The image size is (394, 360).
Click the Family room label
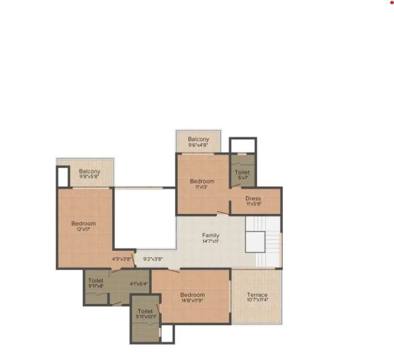[x=211, y=235]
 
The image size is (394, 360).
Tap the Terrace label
[x=257, y=295]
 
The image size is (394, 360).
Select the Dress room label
[x=253, y=198]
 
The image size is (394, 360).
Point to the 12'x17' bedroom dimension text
[x=83, y=230]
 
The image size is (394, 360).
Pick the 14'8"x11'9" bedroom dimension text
[x=192, y=302]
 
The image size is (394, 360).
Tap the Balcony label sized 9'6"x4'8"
[x=199, y=139]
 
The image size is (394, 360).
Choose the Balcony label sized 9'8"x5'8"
[x=90, y=171]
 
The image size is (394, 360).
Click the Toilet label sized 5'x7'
[x=242, y=172]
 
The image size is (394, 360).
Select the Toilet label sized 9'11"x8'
[x=95, y=280]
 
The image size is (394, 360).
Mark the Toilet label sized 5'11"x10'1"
[x=145, y=311]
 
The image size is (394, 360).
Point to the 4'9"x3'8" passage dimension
[x=121, y=259]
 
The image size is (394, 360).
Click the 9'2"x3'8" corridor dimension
[x=153, y=259]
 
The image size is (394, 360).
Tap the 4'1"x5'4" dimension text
[x=139, y=284]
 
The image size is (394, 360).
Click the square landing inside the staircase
[x=255, y=241]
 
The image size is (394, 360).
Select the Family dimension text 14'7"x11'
[x=211, y=241]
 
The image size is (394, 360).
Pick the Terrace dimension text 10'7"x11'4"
[x=257, y=302]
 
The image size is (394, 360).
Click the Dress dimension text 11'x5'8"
[x=253, y=204]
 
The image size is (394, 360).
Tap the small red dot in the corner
[x=391, y=2]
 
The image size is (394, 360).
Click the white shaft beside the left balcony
[x=62, y=177]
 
